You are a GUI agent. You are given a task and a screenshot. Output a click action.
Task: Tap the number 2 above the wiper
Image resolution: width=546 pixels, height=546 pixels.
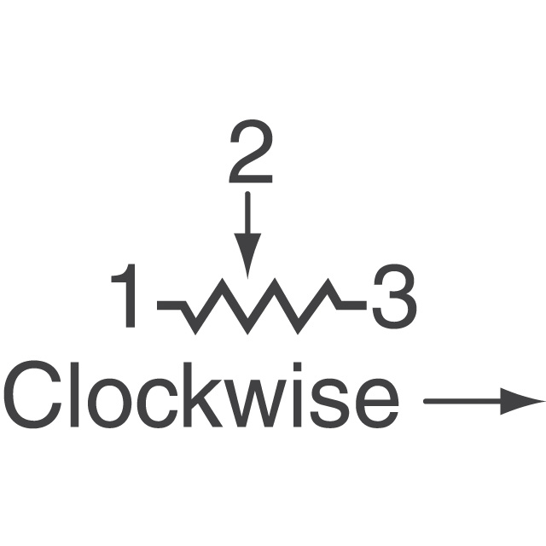[251, 152]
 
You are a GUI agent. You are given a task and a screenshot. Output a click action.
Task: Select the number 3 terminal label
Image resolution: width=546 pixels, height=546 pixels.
[394, 297]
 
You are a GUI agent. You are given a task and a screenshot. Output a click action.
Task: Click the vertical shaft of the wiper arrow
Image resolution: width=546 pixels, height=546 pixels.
[247, 212]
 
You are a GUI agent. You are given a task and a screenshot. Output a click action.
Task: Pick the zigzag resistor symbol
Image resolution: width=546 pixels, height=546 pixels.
[261, 306]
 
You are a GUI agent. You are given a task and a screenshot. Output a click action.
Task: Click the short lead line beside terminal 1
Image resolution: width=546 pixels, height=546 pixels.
[170, 305]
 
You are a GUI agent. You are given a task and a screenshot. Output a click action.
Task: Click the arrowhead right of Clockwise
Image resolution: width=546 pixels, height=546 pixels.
[522, 402]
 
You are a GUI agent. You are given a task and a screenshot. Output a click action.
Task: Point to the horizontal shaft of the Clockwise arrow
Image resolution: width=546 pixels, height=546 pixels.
[462, 402]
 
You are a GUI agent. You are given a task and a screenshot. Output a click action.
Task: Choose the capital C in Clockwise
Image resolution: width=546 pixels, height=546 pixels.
[32, 395]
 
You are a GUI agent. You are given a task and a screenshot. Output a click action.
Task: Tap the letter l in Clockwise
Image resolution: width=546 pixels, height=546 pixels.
[74, 394]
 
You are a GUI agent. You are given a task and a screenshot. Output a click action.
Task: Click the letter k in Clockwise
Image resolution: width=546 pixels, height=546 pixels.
[203, 394]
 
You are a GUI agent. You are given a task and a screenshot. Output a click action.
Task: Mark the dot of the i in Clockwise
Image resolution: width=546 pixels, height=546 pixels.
[298, 367]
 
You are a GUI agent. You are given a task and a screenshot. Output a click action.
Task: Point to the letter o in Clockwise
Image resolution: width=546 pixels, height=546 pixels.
[109, 404]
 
